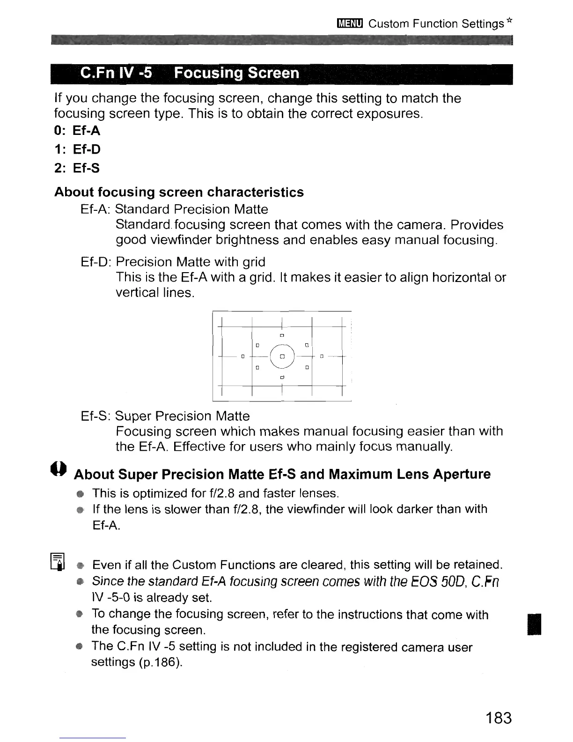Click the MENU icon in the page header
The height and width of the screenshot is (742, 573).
(x=350, y=24)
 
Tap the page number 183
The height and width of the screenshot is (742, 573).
(x=499, y=718)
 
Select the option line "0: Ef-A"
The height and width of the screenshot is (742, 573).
(x=77, y=131)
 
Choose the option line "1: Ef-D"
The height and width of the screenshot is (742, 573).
(x=77, y=149)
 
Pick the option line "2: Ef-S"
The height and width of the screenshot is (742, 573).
(x=77, y=168)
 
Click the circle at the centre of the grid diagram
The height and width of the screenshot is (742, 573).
(x=282, y=356)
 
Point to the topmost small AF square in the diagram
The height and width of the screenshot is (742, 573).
(x=282, y=335)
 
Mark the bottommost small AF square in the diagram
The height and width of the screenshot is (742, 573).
(x=282, y=377)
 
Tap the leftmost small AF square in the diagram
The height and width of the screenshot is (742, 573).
(x=243, y=357)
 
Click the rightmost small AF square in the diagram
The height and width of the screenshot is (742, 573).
(x=322, y=357)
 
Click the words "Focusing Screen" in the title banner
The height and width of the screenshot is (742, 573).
(x=236, y=74)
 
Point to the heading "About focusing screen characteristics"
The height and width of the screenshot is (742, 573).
(x=179, y=192)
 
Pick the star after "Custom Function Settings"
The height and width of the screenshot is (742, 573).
(x=509, y=21)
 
